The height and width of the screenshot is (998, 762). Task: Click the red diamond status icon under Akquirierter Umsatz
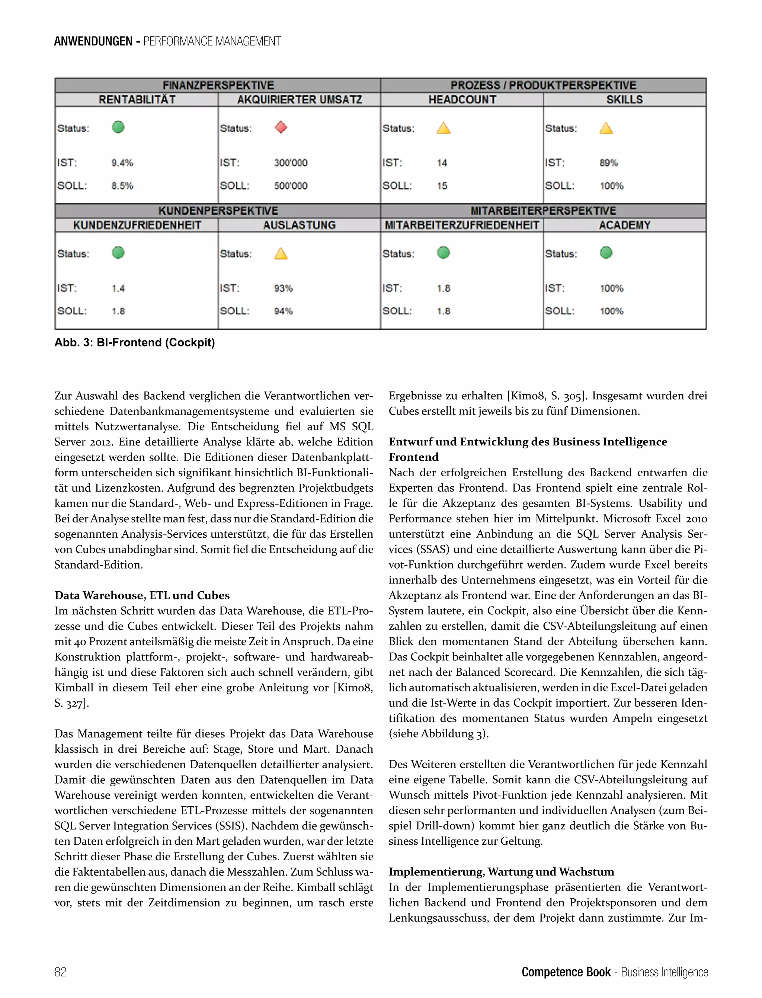[x=281, y=127]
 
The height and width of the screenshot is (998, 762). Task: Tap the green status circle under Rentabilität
[x=118, y=127]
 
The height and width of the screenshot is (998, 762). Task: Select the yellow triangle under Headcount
[x=443, y=128]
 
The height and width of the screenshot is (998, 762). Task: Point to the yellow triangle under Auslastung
[x=281, y=253]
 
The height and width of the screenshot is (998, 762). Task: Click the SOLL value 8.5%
[x=122, y=186]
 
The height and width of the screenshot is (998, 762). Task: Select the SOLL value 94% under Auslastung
[x=283, y=311]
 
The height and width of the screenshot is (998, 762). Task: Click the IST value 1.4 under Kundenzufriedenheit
[x=118, y=288]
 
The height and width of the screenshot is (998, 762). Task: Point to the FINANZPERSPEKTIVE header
[x=218, y=85]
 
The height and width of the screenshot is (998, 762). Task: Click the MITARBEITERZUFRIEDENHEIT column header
[x=462, y=225]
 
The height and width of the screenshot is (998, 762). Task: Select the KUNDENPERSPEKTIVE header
[x=218, y=211]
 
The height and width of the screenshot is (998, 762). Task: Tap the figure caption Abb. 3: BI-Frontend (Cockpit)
[x=135, y=342]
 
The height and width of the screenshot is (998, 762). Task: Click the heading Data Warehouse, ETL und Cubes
[x=142, y=595]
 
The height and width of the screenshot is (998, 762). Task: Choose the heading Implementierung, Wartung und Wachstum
[x=501, y=871]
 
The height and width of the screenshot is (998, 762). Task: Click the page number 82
[x=60, y=972]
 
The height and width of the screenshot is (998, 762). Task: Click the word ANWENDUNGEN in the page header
[x=93, y=41]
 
